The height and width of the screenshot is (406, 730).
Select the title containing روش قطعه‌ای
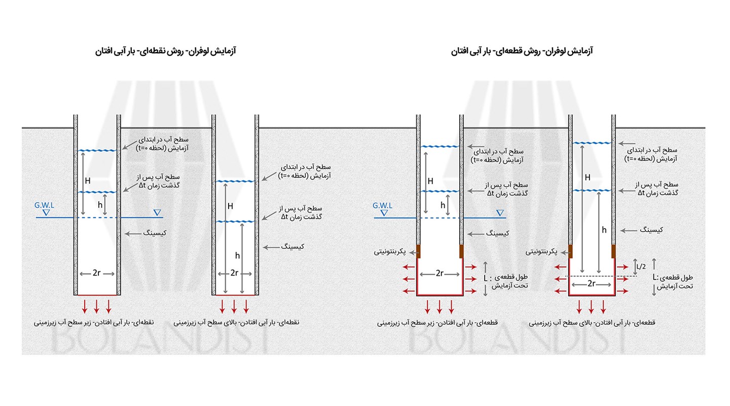[x=522, y=51]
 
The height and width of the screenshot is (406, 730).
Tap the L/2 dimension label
[x=641, y=266]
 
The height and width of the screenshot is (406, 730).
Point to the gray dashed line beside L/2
[x=601, y=276]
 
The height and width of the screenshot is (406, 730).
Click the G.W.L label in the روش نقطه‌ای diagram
[x=45, y=205]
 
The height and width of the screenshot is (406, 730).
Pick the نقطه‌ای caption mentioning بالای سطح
[x=236, y=322]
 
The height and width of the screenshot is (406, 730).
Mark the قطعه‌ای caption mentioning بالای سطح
[x=592, y=322]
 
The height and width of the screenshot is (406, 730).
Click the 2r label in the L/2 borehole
[x=591, y=284]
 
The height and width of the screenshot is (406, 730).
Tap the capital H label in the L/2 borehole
[x=588, y=177]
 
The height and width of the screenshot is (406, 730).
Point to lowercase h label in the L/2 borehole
[x=604, y=230]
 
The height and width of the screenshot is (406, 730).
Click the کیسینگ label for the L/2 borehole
[x=652, y=230]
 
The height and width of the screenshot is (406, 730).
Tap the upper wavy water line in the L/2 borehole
[x=592, y=143]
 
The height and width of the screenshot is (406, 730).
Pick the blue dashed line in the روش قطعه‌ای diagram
[x=439, y=217]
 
